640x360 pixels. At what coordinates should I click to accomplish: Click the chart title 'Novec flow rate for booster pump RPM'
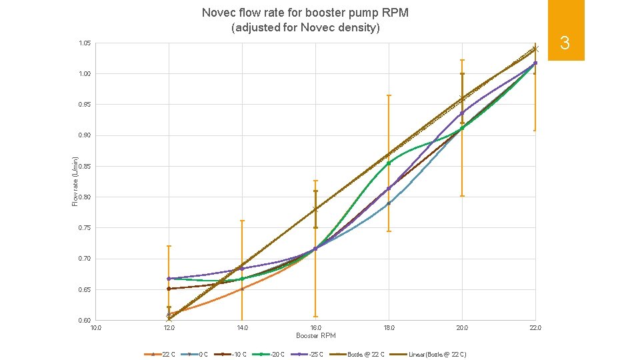[305, 13]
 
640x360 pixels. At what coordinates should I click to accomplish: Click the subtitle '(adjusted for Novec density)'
[305, 28]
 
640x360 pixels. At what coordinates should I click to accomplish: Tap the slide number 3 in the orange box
[564, 44]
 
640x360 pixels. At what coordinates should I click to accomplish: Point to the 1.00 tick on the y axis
[85, 74]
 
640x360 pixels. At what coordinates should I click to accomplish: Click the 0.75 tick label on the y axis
[85, 228]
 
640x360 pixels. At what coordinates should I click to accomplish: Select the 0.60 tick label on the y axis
[85, 321]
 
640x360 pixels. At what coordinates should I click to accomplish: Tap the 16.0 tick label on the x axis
[315, 328]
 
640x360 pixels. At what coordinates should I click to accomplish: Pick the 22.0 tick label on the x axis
[535, 328]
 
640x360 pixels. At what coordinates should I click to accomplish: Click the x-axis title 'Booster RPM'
[315, 335]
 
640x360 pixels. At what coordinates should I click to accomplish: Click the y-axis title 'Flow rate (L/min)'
[75, 181]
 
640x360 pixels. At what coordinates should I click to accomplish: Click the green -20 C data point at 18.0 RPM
[389, 163]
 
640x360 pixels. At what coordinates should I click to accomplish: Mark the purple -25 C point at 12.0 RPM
[169, 279]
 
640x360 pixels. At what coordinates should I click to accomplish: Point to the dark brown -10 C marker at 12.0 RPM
[169, 289]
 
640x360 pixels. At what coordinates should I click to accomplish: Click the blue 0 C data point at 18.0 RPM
[389, 203]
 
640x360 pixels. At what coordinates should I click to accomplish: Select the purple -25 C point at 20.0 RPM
[462, 113]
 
